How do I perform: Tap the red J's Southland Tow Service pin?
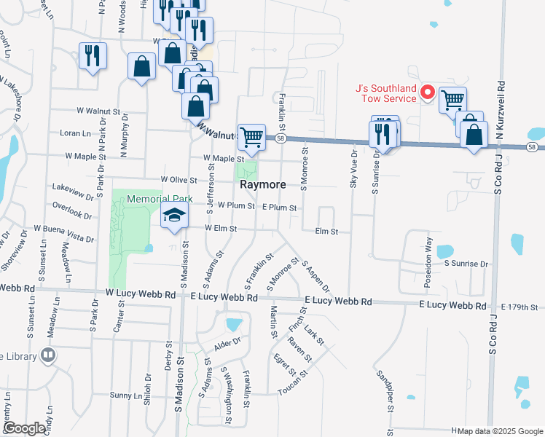pyautogui.click(x=428, y=93)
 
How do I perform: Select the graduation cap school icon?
pyautogui.click(x=174, y=215)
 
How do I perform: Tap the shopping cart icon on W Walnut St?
pyautogui.click(x=251, y=136)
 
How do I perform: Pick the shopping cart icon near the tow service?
pyautogui.click(x=453, y=99)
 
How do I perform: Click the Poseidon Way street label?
pyautogui.click(x=429, y=248)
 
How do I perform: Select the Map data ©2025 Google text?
pyautogui.click(x=499, y=431)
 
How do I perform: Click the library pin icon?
pyautogui.click(x=49, y=355)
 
